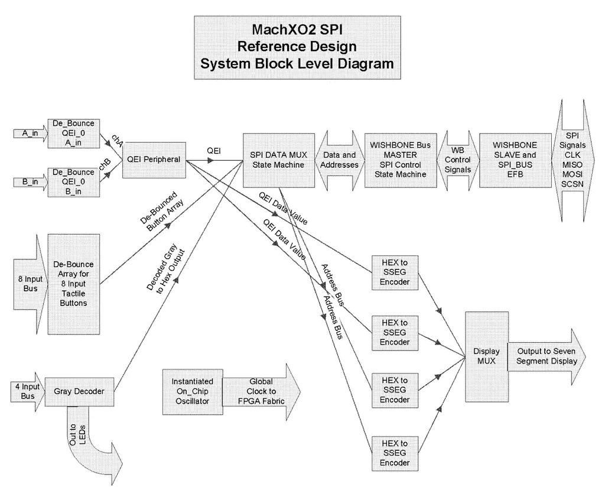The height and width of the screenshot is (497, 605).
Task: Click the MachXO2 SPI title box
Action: click(x=297, y=47)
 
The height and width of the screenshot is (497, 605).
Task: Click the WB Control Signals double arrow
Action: click(x=457, y=160)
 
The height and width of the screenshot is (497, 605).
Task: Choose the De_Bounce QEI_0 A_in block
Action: click(x=73, y=134)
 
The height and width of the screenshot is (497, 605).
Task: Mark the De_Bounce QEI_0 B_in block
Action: click(x=73, y=183)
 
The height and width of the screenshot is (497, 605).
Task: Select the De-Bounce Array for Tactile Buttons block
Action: click(x=73, y=284)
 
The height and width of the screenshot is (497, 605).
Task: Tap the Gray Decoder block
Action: click(x=79, y=391)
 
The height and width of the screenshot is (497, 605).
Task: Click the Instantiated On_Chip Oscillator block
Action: click(x=192, y=391)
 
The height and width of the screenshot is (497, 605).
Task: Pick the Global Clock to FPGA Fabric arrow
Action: click(x=260, y=391)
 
